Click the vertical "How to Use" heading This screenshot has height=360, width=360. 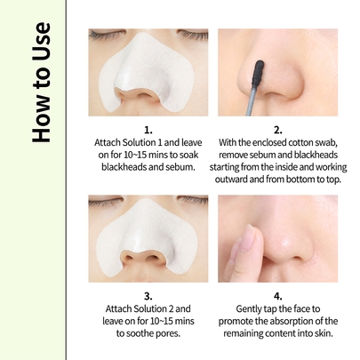(42, 82)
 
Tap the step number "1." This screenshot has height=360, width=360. (148, 130)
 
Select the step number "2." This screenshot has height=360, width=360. (278, 130)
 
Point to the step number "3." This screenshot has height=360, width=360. (148, 296)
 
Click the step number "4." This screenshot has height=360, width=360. (278, 296)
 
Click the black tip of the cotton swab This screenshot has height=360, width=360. (258, 73)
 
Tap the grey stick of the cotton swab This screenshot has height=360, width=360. (251, 100)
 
